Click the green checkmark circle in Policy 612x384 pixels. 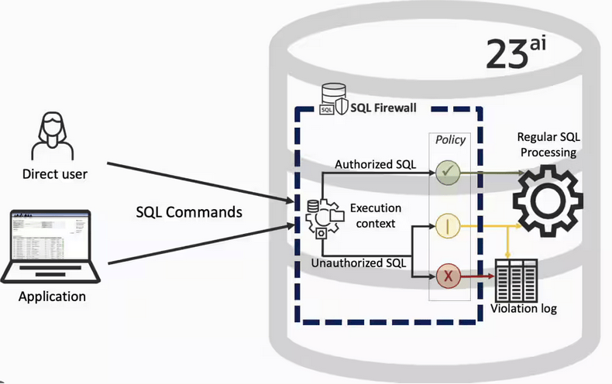coord(449,170)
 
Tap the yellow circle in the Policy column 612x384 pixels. coord(449,226)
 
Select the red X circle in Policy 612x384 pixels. coord(449,274)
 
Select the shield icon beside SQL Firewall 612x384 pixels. coord(341,108)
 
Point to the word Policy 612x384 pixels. coord(450,139)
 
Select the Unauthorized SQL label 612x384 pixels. coord(358,262)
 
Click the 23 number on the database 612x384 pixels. coord(507,54)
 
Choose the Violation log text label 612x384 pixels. coord(524,309)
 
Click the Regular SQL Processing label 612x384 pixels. coord(548,145)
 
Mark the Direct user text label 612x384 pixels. coord(54,174)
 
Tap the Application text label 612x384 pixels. coord(52,297)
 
